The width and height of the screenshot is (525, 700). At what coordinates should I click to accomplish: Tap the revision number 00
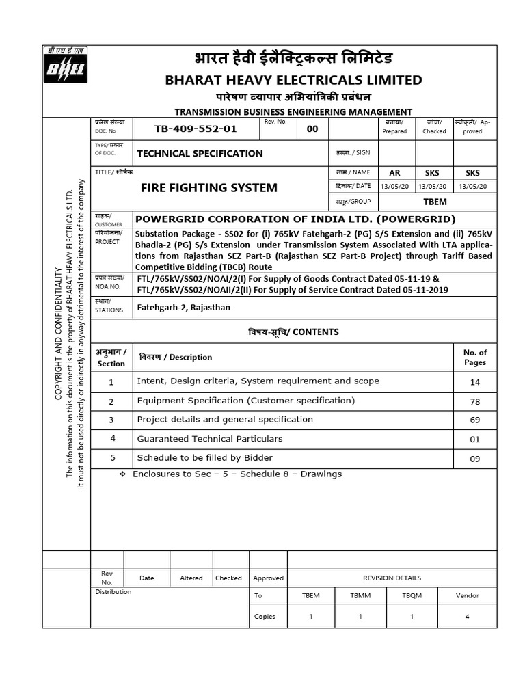tap(312, 129)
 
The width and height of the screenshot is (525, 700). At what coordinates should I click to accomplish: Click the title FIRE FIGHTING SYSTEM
tap(208, 187)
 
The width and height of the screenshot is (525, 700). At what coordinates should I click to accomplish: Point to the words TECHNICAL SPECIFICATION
tap(200, 154)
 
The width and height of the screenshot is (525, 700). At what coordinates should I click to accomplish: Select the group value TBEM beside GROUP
tap(435, 202)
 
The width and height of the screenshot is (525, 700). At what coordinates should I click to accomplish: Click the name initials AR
tap(394, 173)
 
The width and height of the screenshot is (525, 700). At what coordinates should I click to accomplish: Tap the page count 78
tap(475, 401)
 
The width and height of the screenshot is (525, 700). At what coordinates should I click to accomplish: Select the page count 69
tap(475, 420)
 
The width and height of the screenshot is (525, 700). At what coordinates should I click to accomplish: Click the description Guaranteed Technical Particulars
tap(210, 439)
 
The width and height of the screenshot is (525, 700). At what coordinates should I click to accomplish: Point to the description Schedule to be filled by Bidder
tap(205, 458)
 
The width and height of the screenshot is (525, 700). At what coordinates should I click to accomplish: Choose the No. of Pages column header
tap(475, 358)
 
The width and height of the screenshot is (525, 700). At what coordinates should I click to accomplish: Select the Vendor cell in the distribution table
tap(468, 596)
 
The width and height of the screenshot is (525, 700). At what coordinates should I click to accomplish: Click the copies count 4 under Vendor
tap(467, 617)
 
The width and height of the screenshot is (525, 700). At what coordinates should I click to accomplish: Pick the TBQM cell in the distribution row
tap(412, 596)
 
